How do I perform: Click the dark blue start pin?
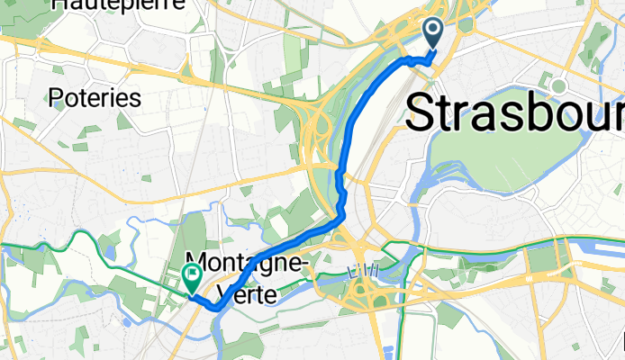pos(433,34)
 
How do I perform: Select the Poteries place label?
pos(95,97)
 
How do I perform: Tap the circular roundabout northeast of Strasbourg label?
pos(558,86)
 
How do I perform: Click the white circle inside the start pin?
pos(433,31)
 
